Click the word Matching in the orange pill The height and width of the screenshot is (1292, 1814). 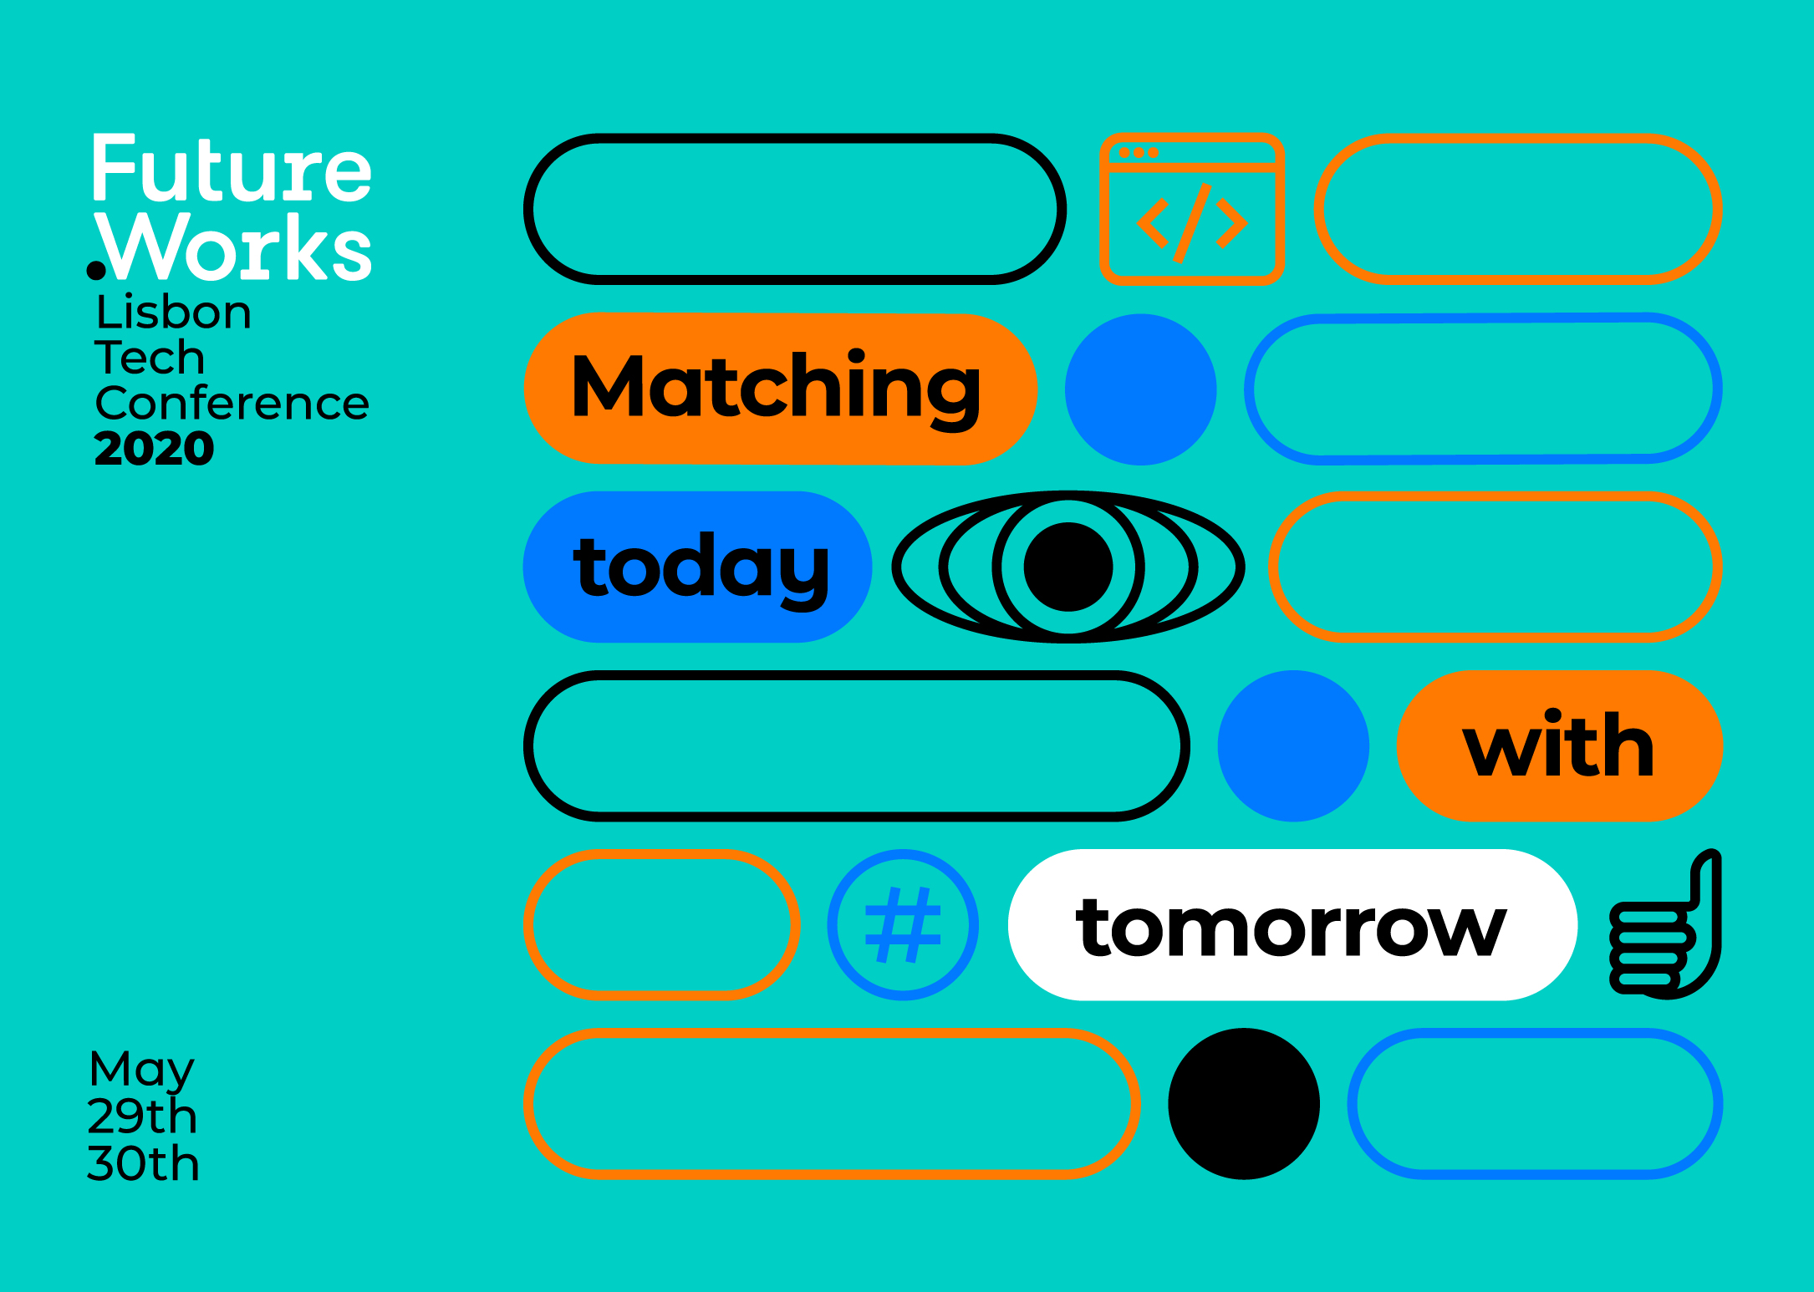click(x=776, y=389)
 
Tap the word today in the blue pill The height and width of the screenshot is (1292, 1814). click(x=701, y=568)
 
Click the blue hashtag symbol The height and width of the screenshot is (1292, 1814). click(x=903, y=925)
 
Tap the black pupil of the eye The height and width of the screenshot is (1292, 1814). click(x=1068, y=567)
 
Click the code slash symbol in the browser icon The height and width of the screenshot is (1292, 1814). click(x=1192, y=223)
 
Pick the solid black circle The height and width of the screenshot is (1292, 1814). click(x=1244, y=1103)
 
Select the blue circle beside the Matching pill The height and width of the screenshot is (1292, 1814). click(x=1140, y=389)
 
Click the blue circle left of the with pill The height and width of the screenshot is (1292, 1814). click(x=1293, y=745)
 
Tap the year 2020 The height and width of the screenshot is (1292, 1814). click(x=155, y=449)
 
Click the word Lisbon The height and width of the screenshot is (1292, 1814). click(x=173, y=312)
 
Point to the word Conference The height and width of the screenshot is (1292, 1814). click(x=232, y=403)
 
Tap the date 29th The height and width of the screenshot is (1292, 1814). click(x=142, y=1116)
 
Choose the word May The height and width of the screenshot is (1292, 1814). click(x=141, y=1070)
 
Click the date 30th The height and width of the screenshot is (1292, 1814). click(x=143, y=1163)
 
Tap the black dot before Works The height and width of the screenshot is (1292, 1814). click(x=96, y=270)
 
